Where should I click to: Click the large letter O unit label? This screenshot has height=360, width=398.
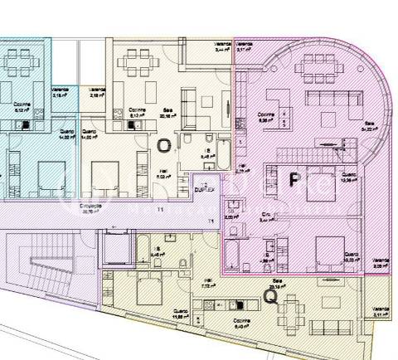pyautogui.click(x=164, y=145)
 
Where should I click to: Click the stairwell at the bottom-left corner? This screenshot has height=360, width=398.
pyautogui.click(x=33, y=275)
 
